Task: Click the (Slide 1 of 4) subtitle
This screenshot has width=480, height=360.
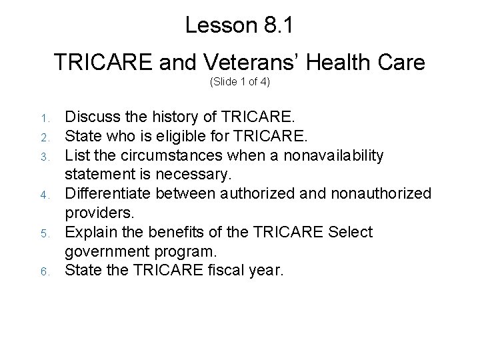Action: (x=239, y=83)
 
